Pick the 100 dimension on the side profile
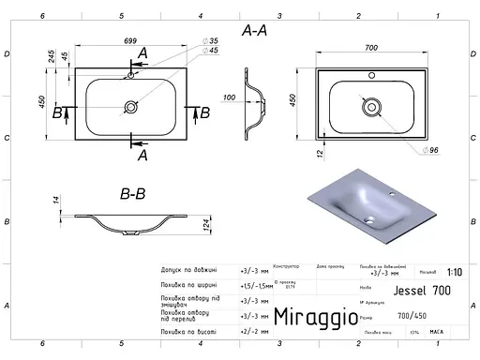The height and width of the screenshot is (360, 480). click(229, 97)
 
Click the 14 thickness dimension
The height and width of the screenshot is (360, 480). click(56, 200)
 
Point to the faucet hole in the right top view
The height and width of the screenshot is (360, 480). click(370, 75)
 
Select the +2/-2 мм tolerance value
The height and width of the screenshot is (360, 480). click(254, 331)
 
